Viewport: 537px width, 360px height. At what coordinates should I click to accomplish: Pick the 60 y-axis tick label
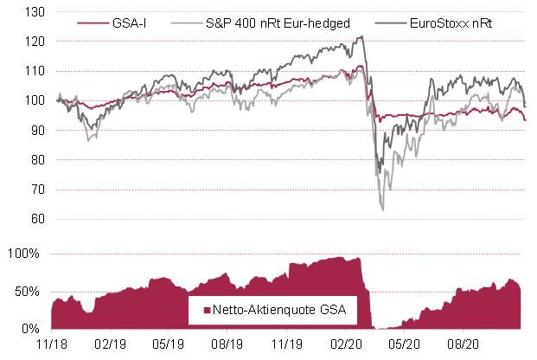coord(36,219)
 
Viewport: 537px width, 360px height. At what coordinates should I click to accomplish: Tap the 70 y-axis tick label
coord(36,190)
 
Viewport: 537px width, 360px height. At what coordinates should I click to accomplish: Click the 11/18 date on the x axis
coord(52,344)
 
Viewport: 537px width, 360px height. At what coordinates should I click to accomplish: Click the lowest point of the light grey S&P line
coord(382,209)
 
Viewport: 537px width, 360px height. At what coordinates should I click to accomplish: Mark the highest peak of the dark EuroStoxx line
coord(361,36)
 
